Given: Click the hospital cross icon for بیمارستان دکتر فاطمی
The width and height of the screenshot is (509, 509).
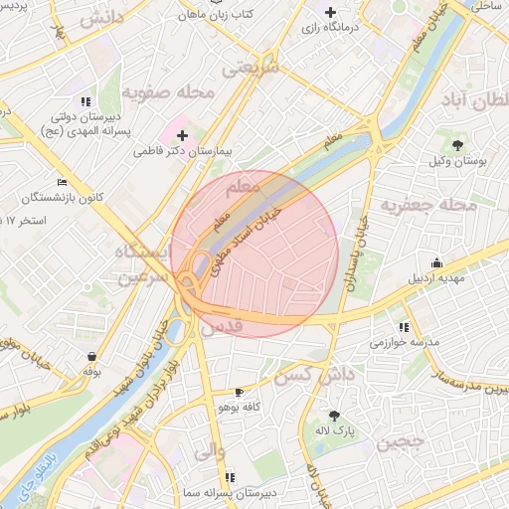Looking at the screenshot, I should tap(182, 135).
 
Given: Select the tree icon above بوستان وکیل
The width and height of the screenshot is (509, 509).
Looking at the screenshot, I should tap(457, 145).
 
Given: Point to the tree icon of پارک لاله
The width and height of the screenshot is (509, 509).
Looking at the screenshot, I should tap(333, 417).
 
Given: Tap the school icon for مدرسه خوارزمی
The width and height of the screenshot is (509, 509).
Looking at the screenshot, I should tap(403, 326).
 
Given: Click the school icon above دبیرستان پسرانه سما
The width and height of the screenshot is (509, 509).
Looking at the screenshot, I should tap(231, 477).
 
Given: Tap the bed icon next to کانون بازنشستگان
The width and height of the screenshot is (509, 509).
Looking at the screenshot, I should tap(63, 183).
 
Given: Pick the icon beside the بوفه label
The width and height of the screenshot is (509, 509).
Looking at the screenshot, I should tap(91, 356).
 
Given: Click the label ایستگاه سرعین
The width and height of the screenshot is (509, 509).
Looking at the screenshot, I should tap(139, 264).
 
